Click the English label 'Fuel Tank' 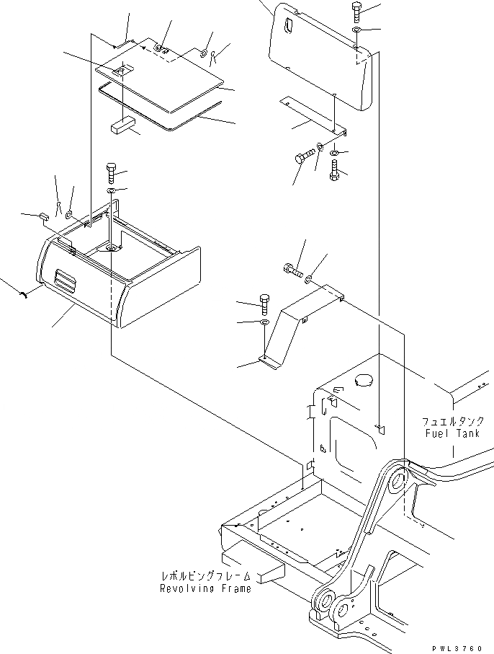(449, 433)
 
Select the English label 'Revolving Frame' (206, 588)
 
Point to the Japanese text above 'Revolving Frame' (206, 577)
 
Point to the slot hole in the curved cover (289, 26)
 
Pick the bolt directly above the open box (110, 172)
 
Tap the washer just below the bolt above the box (110, 190)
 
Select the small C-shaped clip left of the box (24, 292)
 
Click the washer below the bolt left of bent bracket (264, 322)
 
